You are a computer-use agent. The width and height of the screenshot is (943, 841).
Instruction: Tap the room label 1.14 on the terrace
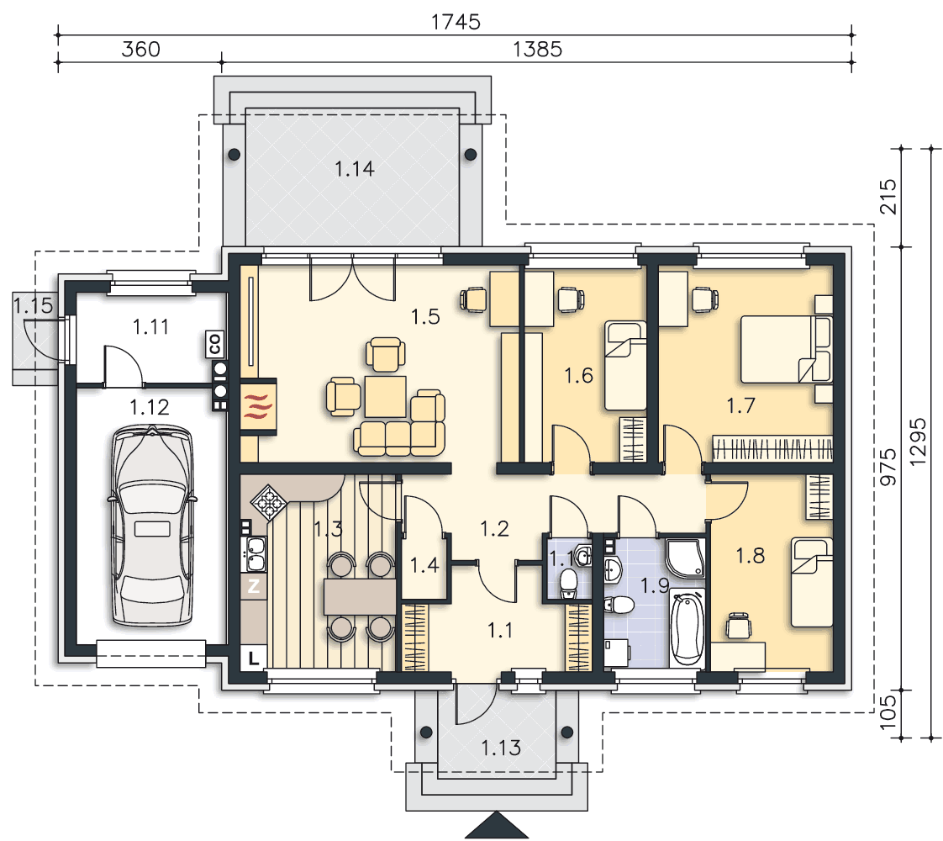point(354,169)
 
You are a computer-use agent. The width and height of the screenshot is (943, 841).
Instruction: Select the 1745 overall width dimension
point(456,22)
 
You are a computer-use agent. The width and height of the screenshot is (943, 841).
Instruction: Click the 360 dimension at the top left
point(140,49)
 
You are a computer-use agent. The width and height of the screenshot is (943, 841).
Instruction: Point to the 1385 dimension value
point(537,49)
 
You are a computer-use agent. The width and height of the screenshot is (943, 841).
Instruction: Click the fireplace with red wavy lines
point(259,406)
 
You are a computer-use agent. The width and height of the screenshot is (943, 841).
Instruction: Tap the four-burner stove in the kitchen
point(269,502)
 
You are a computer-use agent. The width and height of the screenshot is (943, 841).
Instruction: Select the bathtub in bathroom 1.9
point(686,628)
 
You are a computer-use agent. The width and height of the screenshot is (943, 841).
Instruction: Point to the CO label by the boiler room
point(214,344)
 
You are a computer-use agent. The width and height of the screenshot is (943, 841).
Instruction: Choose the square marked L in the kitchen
point(254,657)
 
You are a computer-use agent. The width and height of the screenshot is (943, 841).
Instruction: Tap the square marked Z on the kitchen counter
point(253,584)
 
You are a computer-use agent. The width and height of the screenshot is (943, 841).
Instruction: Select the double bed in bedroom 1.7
point(786,350)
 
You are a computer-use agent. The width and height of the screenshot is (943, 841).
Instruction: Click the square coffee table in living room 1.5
point(385,396)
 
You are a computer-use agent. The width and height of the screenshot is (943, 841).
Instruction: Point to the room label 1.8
point(750,556)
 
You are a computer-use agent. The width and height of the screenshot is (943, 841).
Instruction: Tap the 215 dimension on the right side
point(888,196)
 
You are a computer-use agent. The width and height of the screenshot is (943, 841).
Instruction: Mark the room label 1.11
point(150,327)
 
